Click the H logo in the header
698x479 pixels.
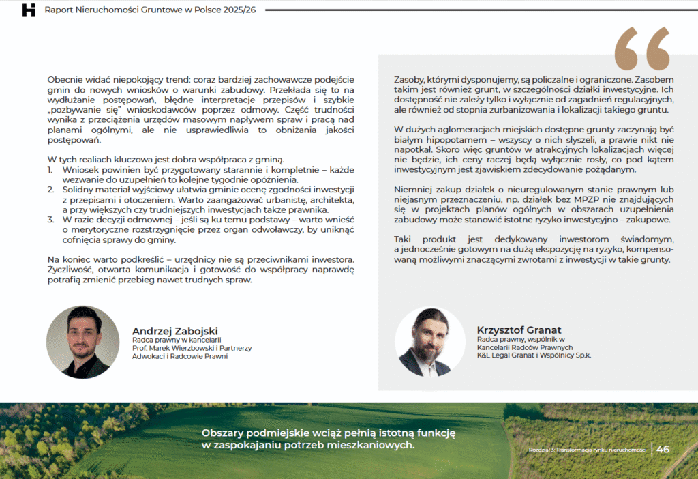pyautogui.click(x=29, y=10)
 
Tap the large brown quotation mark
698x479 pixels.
pyautogui.click(x=641, y=48)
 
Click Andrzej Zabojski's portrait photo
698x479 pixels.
pyautogui.click(x=78, y=342)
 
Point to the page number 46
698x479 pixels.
pyautogui.click(x=663, y=449)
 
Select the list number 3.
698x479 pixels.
pyautogui.click(x=50, y=220)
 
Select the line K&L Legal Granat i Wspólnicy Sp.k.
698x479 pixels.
pyautogui.click(x=534, y=355)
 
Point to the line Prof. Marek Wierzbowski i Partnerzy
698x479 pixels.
pyautogui.click(x=192, y=348)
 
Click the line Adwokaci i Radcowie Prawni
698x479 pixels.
pyautogui.click(x=179, y=356)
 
